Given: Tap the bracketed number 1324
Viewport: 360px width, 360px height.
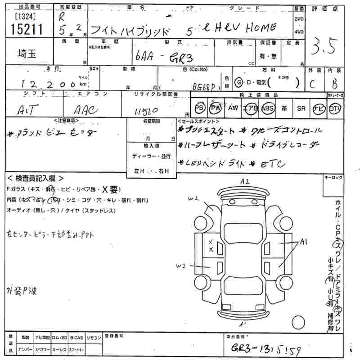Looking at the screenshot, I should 22,18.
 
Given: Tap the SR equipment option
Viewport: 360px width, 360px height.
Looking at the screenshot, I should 301,108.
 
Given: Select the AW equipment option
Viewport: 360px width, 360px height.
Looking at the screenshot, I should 233,108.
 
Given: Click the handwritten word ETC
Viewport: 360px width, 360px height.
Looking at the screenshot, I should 273,164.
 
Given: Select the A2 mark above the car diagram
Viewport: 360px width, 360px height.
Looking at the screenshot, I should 245,182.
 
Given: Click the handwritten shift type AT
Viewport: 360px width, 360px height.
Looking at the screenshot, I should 27,109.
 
